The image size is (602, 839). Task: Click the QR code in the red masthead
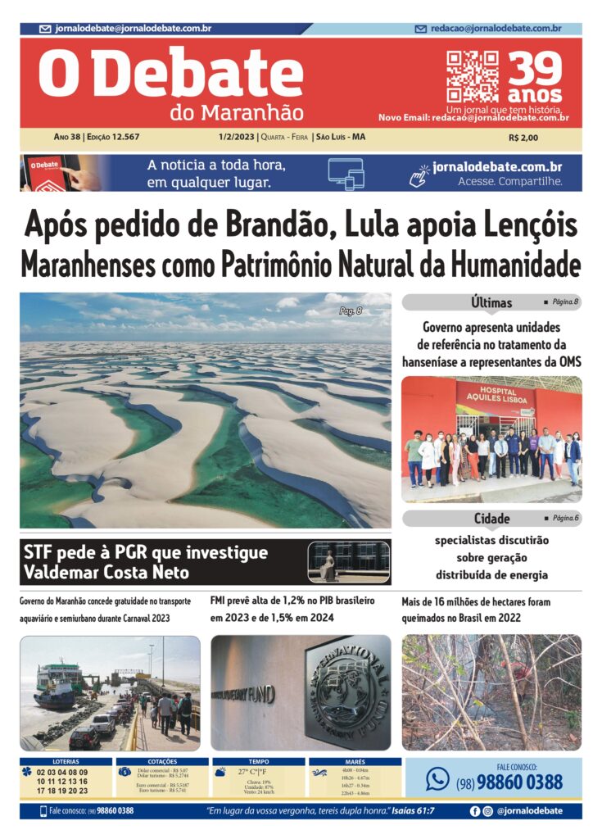tap(473, 76)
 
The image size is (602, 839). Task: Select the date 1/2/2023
tap(236, 137)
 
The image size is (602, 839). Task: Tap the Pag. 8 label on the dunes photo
tap(354, 311)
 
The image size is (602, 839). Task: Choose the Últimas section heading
tap(491, 302)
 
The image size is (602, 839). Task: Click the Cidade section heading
tap(491, 519)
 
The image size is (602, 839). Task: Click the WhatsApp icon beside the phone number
tap(437, 779)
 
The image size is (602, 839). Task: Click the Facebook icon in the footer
tap(474, 811)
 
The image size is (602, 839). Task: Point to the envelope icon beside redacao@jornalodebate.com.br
tap(421, 29)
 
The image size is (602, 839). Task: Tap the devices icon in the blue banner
tap(345, 173)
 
